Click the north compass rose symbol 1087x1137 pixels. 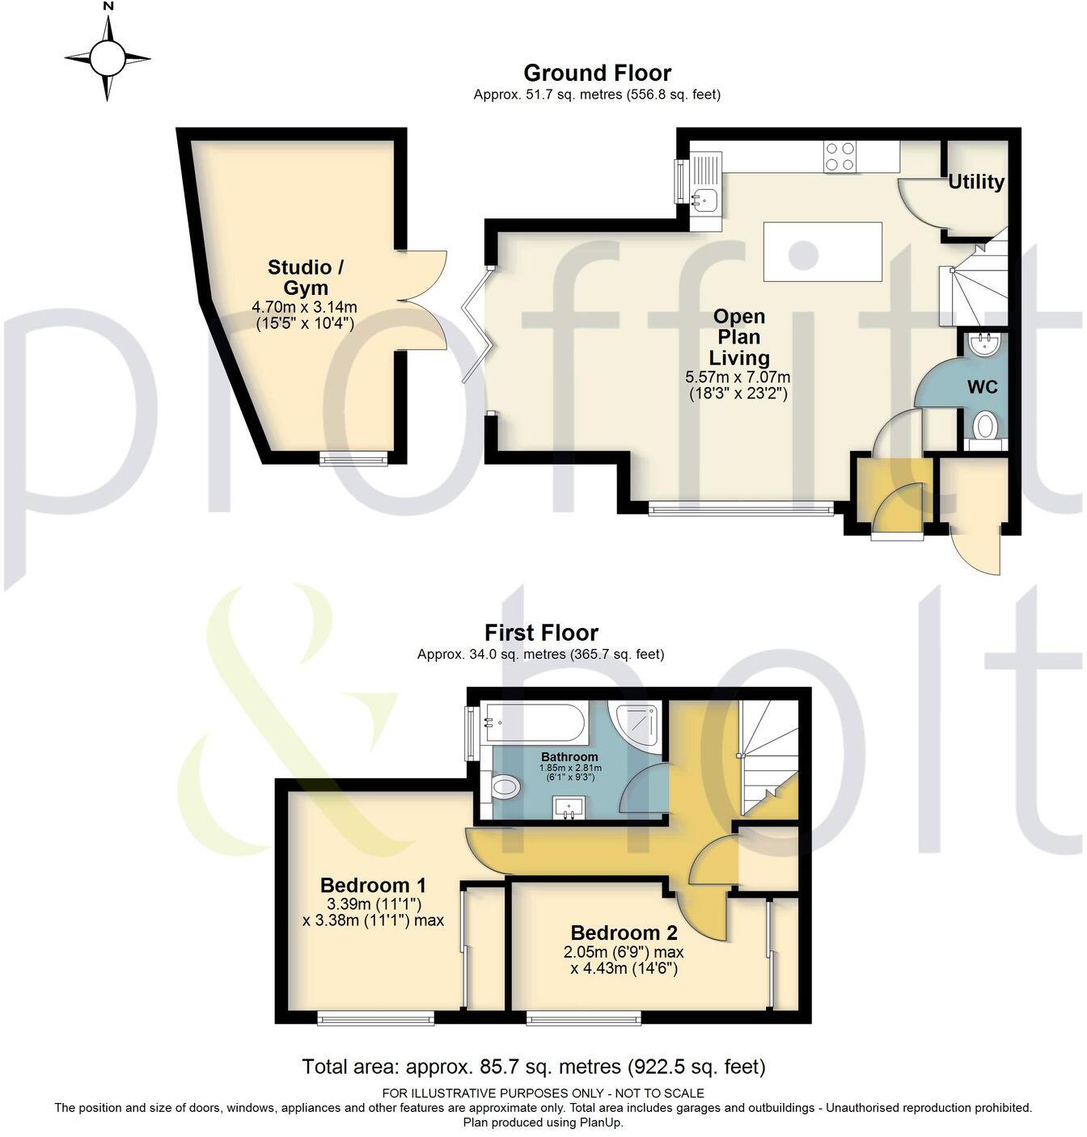[x=108, y=58]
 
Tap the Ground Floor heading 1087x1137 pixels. [x=597, y=74]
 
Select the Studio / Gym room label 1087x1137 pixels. [x=299, y=277]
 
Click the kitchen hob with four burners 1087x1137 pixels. [x=840, y=156]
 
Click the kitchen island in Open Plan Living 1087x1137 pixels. [x=823, y=251]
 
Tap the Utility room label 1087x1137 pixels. [x=976, y=182]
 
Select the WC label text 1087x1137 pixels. [x=983, y=387]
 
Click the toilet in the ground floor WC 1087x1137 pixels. [x=984, y=425]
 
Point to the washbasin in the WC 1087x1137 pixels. [x=984, y=343]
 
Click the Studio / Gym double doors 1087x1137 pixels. [x=422, y=301]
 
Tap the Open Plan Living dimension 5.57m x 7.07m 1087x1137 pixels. [x=737, y=377]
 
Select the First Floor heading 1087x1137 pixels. [x=541, y=633]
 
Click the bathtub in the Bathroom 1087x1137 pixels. [x=533, y=723]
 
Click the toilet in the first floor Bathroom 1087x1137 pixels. [x=505, y=786]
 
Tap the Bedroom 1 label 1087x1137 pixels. [x=373, y=884]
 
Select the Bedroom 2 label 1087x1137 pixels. [x=624, y=933]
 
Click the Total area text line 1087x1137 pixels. [x=533, y=1067]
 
